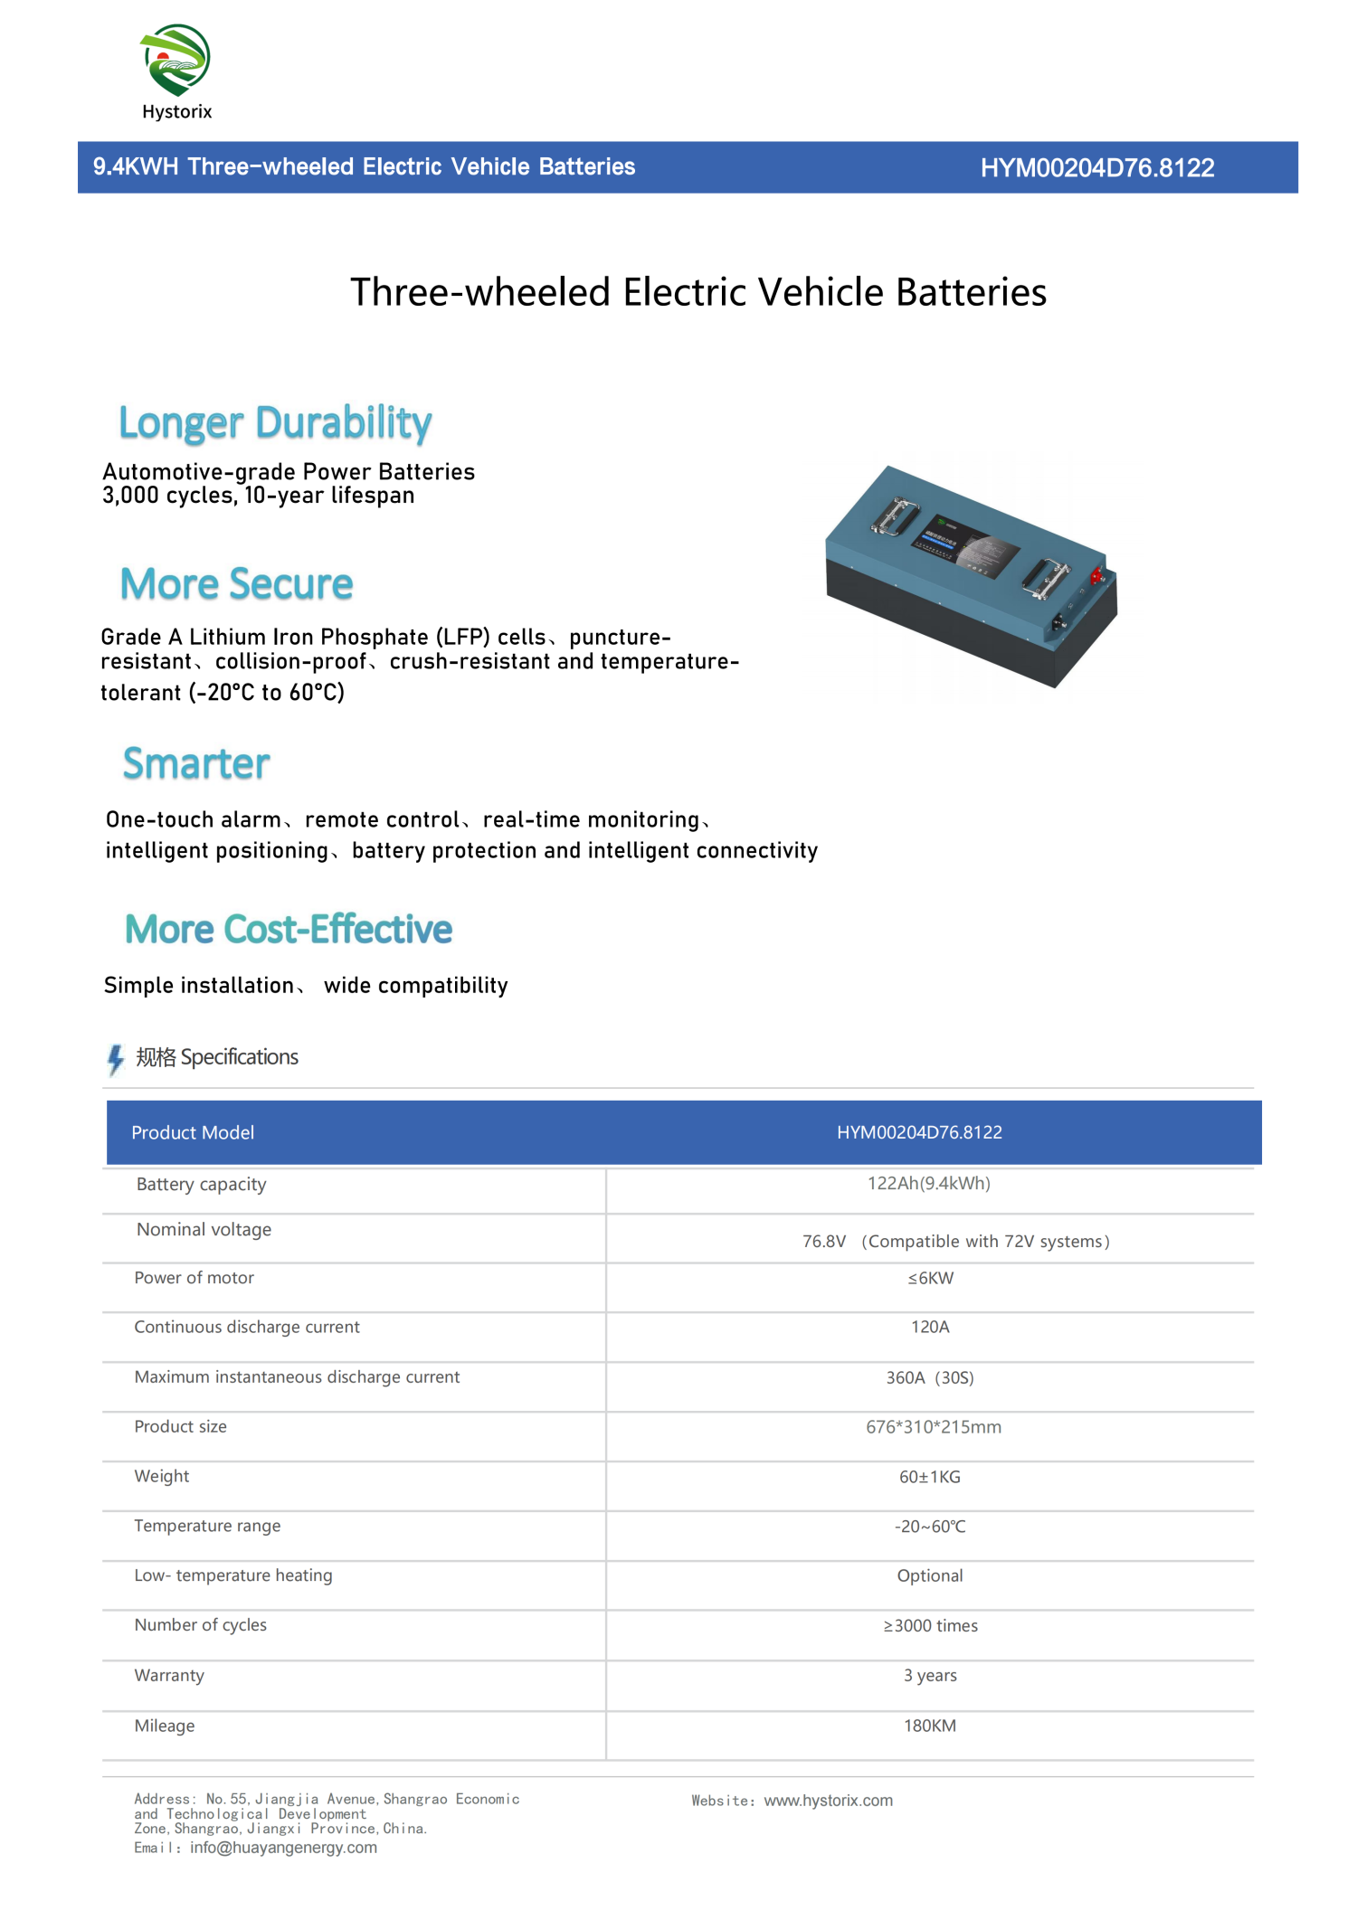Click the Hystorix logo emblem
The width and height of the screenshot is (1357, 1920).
tap(176, 60)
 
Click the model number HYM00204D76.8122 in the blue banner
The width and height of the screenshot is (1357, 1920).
tap(1096, 168)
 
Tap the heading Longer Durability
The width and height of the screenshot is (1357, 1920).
tap(275, 423)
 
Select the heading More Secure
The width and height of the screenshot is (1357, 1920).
tap(236, 584)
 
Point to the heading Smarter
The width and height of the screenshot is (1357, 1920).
tap(196, 764)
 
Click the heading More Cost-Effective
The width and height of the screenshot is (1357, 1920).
tap(289, 930)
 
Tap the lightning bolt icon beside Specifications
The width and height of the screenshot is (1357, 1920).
tap(115, 1059)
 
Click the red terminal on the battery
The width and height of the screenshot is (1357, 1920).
tap(1097, 575)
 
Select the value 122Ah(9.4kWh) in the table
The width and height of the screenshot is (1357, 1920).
tap(928, 1184)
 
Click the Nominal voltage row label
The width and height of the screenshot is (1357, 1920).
tap(204, 1230)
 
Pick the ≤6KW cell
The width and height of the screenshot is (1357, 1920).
tap(930, 1279)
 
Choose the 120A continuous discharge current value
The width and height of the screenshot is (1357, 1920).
tap(930, 1328)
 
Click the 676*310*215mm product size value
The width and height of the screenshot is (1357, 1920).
tap(933, 1427)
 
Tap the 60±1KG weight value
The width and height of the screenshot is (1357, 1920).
tap(929, 1477)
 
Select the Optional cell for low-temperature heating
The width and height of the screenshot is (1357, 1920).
tap(929, 1576)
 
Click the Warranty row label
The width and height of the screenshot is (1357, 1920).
tap(169, 1676)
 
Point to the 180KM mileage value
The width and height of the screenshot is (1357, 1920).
tap(929, 1726)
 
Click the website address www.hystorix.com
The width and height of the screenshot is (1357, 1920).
tap(828, 1801)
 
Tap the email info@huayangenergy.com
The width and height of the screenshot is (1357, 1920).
tap(283, 1848)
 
